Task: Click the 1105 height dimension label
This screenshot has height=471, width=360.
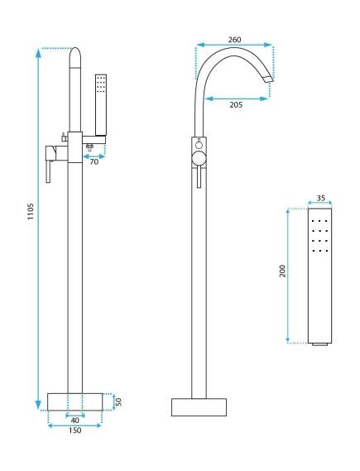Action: [x=31, y=211]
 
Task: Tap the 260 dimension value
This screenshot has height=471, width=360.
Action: [x=234, y=40]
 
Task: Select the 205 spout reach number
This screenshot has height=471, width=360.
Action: [x=236, y=105]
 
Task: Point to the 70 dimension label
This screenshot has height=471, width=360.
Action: [x=94, y=161]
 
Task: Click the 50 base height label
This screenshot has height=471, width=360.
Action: [x=118, y=401]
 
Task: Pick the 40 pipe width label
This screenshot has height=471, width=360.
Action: [x=74, y=421]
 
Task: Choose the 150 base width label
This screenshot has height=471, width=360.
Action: [x=74, y=430]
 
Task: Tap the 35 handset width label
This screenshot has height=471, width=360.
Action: [x=320, y=199]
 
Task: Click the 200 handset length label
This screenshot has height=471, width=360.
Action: [x=282, y=271]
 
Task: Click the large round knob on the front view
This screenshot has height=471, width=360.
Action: [x=199, y=158]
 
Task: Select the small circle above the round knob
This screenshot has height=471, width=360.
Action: [x=199, y=145]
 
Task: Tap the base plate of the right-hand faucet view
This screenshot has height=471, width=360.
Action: [x=199, y=407]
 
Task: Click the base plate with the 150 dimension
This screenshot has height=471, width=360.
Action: [x=75, y=402]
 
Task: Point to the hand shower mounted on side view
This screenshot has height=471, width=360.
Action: [x=101, y=104]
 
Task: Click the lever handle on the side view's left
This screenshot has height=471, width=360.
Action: [x=48, y=171]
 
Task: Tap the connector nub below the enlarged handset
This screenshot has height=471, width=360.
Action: [x=319, y=344]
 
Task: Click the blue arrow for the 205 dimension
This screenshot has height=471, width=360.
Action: [x=236, y=99]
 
